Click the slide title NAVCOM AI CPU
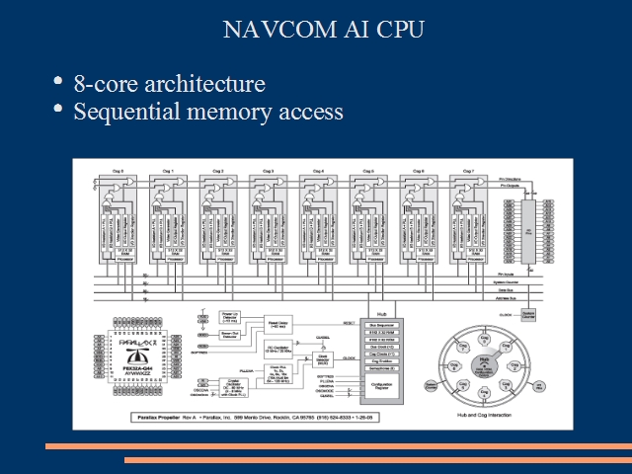(325, 30)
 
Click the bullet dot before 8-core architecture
(60, 81)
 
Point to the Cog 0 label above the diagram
(118, 171)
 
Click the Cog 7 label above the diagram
(468, 171)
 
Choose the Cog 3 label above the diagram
(268, 171)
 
